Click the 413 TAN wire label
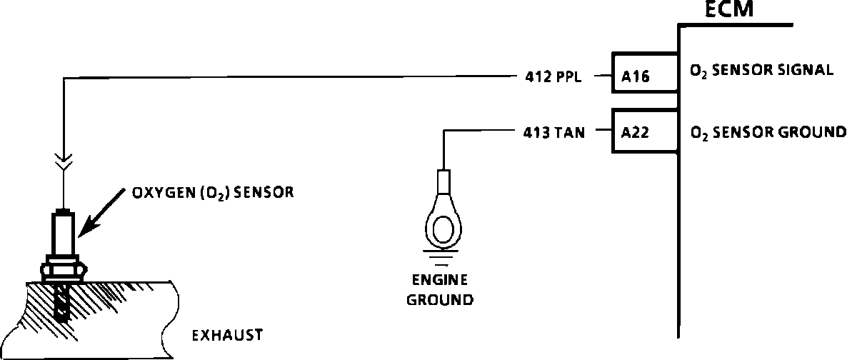549,132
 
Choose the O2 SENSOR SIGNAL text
761,71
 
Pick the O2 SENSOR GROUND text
767,132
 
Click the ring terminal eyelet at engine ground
443,229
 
